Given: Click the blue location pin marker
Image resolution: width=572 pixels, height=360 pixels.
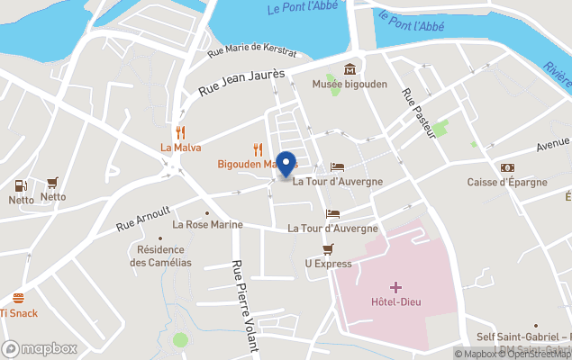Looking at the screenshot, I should click(x=286, y=164).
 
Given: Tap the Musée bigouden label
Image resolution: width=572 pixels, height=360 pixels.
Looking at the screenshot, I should click(x=349, y=84).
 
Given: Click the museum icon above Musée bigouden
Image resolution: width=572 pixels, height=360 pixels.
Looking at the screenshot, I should click(x=350, y=69).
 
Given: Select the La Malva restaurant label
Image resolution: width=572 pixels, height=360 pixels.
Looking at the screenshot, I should click(x=180, y=148).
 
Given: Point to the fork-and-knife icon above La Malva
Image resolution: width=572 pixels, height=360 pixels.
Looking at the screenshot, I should click(x=180, y=132).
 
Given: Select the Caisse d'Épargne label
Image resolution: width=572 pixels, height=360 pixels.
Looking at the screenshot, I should click(x=507, y=182).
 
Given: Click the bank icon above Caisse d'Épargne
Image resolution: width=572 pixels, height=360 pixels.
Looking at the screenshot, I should click(x=507, y=167).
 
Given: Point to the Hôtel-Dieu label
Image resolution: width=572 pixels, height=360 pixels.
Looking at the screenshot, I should click(x=396, y=301).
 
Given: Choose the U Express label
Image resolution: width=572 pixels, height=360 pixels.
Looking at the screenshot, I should click(x=328, y=264).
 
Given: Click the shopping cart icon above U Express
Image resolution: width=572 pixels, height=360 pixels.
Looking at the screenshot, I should click(x=328, y=248).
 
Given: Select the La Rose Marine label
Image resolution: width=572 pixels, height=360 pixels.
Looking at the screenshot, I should click(x=208, y=224).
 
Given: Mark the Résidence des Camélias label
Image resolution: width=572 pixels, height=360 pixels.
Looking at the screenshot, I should click(x=160, y=256).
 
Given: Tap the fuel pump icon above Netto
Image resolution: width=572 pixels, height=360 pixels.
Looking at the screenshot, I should click(x=20, y=185).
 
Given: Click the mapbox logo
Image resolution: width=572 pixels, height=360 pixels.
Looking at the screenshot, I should click(x=40, y=348).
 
